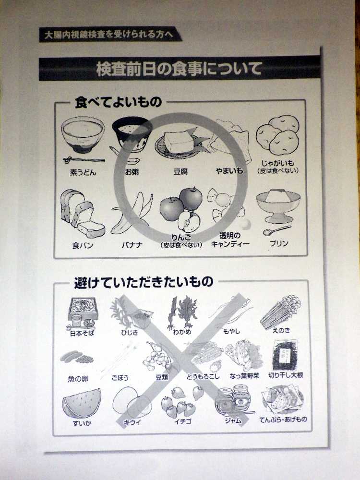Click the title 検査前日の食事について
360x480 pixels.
click(179, 69)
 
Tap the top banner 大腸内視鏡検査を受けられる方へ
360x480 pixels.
click(110, 35)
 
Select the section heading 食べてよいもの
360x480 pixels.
click(118, 102)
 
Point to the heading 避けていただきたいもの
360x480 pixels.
click(144, 282)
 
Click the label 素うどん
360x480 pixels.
click(83, 172)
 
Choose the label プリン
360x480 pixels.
click(278, 243)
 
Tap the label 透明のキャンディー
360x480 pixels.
click(230, 240)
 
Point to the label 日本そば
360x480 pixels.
click(81, 332)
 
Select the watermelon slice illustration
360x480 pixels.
click(82, 402)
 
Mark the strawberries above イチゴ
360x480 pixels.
click(181, 402)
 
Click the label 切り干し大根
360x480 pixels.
click(286, 375)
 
